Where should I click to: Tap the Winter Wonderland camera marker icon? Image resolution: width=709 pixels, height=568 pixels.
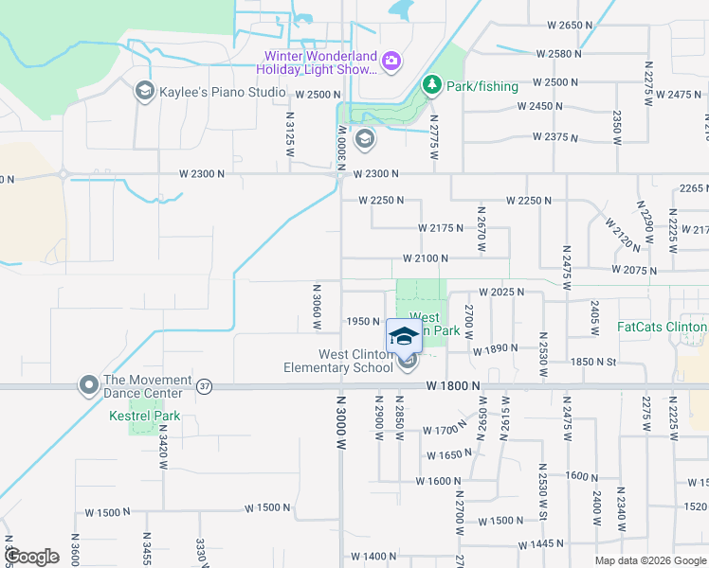point(391,62)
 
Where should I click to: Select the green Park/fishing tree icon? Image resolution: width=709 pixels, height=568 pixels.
point(432,86)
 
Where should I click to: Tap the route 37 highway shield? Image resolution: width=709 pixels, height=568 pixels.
point(204,386)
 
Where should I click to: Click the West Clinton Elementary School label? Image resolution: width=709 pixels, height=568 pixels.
point(342,361)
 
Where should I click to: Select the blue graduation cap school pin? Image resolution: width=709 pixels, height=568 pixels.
point(404,336)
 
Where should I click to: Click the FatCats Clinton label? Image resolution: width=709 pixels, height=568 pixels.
point(662,328)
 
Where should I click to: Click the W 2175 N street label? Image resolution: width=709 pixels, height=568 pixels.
point(441,228)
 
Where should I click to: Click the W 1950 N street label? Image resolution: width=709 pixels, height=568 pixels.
point(363,321)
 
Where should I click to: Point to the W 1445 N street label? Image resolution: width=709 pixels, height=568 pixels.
point(541,544)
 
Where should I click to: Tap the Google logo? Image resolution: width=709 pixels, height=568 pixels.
point(32,557)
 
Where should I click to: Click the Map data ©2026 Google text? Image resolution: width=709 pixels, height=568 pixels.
point(650,560)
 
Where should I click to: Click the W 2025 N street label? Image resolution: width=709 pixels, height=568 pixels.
point(501,292)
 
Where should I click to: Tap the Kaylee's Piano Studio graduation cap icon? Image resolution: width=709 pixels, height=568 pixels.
point(144,91)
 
